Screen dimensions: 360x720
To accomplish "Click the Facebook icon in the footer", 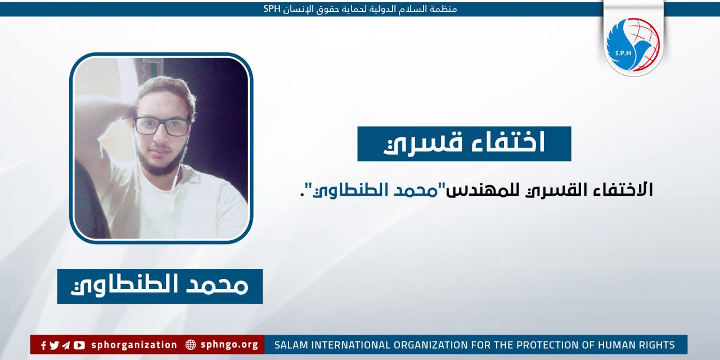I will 43,345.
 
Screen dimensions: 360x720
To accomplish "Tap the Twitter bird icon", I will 54,345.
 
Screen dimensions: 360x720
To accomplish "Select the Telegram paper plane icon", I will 66,345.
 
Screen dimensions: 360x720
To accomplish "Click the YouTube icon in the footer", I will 79,345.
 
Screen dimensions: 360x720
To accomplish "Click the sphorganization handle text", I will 134,345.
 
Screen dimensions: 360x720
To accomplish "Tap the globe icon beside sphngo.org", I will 190,345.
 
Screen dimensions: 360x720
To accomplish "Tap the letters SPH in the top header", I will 272,9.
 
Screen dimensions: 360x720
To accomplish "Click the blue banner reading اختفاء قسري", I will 464,143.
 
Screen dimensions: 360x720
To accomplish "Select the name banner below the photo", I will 160,286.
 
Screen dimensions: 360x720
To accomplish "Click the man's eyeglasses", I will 162,126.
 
